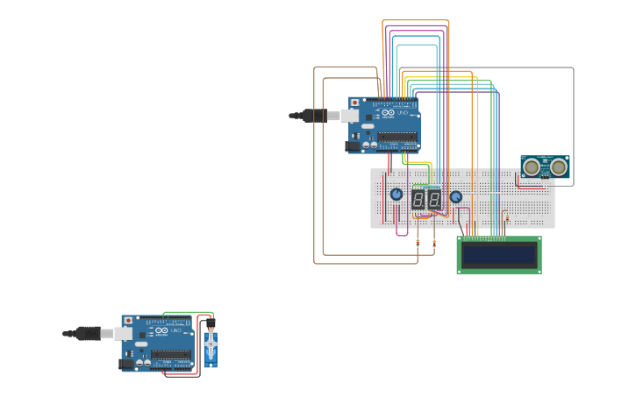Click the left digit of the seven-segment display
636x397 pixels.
tap(418, 199)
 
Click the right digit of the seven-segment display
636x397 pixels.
tap(433, 199)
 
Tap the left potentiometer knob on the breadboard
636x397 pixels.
tap(396, 195)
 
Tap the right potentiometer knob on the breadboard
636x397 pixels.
tap(455, 196)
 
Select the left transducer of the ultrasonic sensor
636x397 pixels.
tap(532, 167)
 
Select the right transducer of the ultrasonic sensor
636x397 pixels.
tap(558, 167)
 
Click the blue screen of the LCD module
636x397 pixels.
tap(499, 255)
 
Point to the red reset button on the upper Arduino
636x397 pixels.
tap(354, 103)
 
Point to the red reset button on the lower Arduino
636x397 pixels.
tap(127, 321)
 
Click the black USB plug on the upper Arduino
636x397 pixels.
tap(312, 115)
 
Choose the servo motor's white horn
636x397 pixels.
tap(210, 344)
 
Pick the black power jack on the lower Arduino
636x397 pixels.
tap(126, 363)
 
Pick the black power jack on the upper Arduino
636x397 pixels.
tap(354, 146)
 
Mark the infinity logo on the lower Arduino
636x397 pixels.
tap(161, 330)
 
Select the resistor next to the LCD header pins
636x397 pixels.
tap(505, 217)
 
